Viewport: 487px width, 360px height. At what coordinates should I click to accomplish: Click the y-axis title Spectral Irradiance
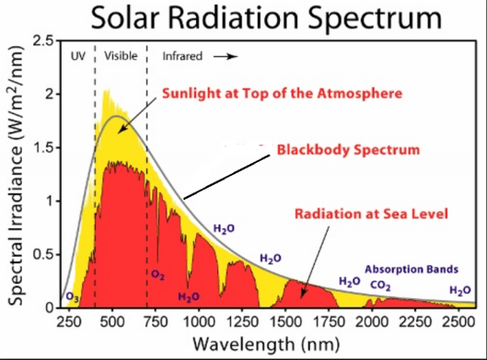(17, 175)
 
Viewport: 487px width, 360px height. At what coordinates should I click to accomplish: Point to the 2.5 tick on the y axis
(42, 42)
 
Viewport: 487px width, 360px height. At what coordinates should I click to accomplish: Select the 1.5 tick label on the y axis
(42, 148)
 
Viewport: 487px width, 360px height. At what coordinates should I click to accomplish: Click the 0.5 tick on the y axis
(42, 254)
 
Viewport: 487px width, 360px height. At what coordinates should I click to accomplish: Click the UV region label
(78, 56)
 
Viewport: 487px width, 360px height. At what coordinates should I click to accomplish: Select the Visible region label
(120, 56)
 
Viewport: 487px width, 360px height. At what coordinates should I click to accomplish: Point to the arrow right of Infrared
(226, 56)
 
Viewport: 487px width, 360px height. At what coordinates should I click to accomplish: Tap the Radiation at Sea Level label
(371, 214)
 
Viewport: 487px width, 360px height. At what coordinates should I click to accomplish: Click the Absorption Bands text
(406, 269)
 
